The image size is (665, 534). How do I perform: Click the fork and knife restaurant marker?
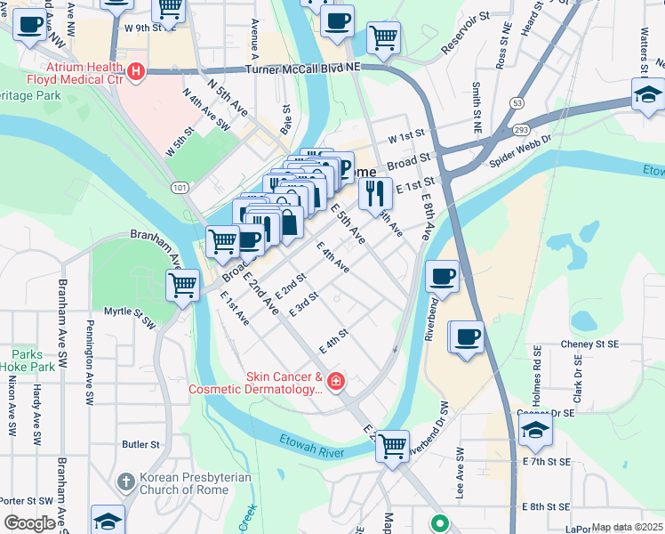375,192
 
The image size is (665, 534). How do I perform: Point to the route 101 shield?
180,187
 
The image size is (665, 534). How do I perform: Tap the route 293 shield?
522,130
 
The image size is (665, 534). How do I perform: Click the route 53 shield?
517,103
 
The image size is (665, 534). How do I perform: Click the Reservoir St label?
460,29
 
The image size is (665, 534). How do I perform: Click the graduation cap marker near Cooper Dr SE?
535,432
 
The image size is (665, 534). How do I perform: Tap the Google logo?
28,523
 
